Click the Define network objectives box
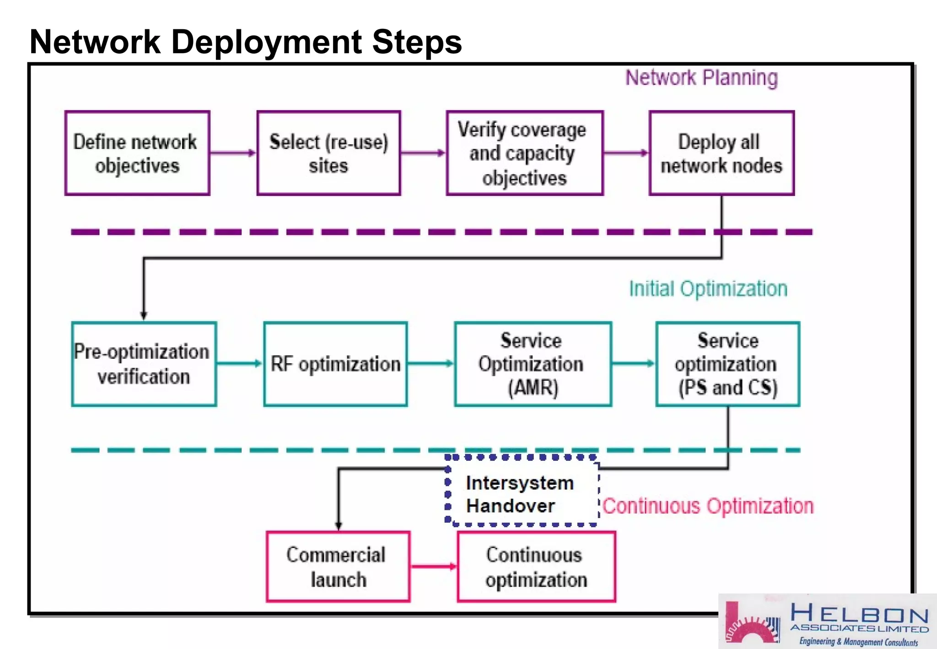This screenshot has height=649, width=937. point(137,153)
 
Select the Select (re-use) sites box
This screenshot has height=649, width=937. point(328,153)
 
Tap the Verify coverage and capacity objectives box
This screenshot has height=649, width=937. point(524,153)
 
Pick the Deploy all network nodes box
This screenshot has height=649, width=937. point(721,153)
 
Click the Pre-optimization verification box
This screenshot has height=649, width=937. point(144,364)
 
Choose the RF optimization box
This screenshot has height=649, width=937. point(335,364)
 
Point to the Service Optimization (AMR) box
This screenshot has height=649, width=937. point(533,364)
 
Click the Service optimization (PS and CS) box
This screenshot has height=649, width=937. point(727,364)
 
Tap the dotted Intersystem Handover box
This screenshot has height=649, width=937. point(522,491)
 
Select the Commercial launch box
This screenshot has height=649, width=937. point(338,567)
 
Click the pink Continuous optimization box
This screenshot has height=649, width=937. point(536,567)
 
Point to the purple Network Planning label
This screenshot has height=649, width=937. point(701,78)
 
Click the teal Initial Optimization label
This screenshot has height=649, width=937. point(708,289)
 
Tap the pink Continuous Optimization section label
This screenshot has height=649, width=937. point(708,506)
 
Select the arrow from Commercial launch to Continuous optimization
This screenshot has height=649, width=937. point(433,567)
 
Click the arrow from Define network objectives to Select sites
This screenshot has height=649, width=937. point(233,153)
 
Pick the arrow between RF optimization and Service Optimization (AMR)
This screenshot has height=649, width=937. point(430,364)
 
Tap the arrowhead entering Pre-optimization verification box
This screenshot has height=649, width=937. point(144,315)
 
